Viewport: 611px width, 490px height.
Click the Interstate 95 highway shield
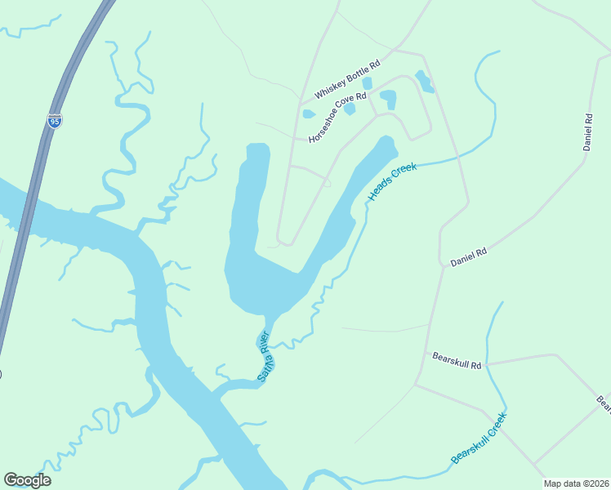[x=54, y=121]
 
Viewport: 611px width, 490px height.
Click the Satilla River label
[x=263, y=356]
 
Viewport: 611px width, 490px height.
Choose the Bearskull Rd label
[x=457, y=359]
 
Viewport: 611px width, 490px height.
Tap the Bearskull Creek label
[x=479, y=439]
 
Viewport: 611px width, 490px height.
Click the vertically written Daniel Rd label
[x=587, y=131]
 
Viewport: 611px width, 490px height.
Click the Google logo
[x=27, y=480]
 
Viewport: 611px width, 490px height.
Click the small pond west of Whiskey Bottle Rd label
[x=309, y=114]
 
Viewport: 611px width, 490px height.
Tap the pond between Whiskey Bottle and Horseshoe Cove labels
[x=367, y=82]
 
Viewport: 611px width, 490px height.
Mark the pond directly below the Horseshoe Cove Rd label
[x=350, y=109]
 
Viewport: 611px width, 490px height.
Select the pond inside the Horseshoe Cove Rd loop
[x=388, y=100]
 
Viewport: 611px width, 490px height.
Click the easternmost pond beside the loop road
[x=424, y=81]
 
